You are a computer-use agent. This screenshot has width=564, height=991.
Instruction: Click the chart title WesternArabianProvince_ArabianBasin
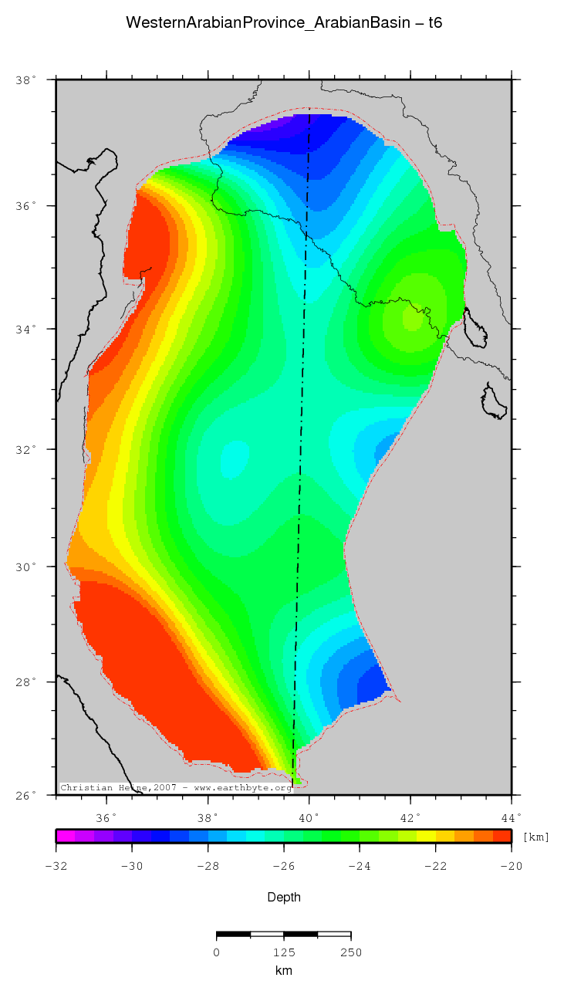283,24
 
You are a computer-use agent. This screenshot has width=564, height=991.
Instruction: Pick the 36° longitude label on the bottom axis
106,817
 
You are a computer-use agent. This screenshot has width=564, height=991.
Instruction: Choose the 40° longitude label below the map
309,817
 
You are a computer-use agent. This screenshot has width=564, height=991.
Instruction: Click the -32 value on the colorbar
56,866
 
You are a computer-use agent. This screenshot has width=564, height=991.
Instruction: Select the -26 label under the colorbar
284,866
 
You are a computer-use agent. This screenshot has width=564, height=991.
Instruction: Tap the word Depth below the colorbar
283,897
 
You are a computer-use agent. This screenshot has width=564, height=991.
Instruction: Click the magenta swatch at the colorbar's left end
66,835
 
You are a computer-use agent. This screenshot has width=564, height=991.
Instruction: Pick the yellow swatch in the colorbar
426,835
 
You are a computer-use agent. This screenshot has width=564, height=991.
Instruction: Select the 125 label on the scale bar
284,952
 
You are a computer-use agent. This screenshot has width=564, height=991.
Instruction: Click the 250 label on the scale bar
351,952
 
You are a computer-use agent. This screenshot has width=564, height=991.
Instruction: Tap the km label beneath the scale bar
283,970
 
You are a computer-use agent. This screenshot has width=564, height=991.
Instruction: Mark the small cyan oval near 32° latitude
235,458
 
